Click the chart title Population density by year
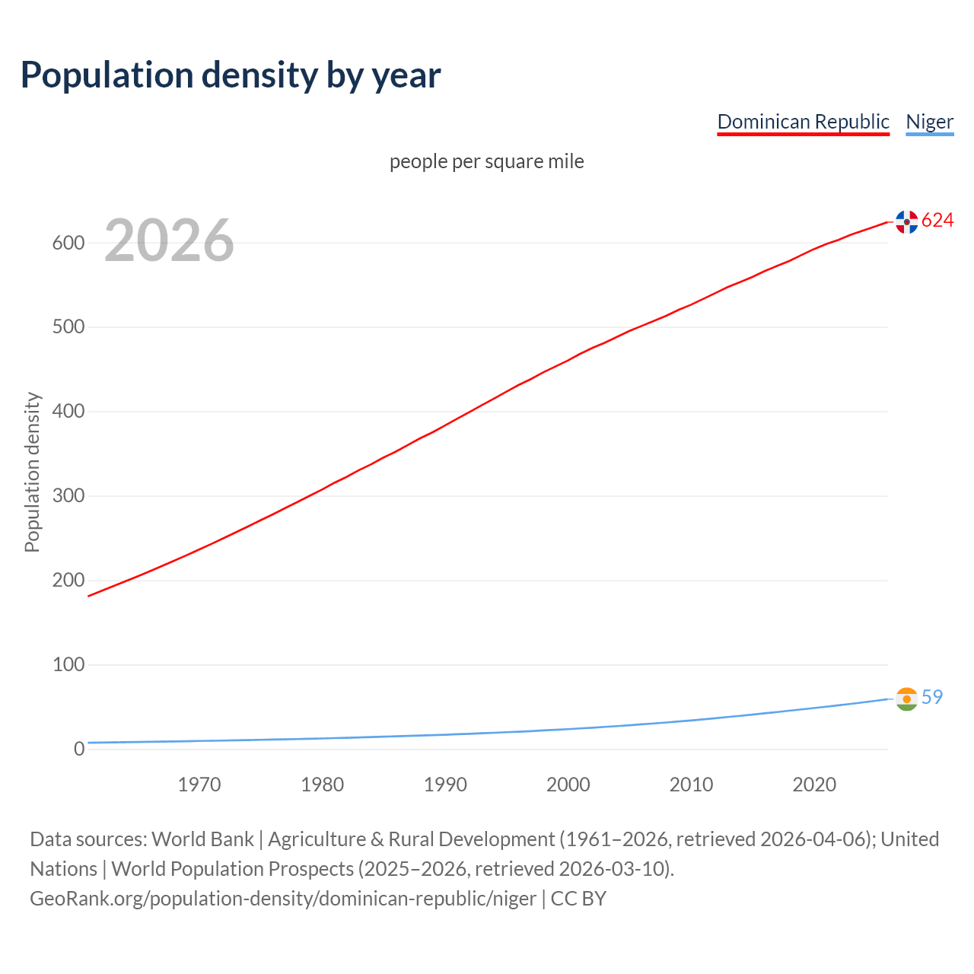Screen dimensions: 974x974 231,75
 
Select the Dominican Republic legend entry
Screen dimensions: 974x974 803,122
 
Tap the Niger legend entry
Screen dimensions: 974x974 929,122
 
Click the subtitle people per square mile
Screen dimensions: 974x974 486,161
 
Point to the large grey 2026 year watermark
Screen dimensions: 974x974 169,240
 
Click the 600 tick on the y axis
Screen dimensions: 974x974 68,243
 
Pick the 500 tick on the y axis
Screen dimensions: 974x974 68,327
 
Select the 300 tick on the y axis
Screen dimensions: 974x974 68,496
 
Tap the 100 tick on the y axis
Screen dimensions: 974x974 68,665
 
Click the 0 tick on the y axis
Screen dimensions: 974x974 79,750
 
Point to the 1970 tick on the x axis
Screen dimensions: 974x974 199,785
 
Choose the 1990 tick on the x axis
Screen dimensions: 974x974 445,785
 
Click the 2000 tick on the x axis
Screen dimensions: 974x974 568,785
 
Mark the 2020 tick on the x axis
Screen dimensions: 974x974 814,785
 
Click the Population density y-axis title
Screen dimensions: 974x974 32,472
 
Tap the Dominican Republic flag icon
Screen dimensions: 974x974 906,221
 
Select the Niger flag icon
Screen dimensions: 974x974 906,699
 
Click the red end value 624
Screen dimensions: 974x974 937,221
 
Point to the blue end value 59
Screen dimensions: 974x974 932,697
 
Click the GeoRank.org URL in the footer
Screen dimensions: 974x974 283,899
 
